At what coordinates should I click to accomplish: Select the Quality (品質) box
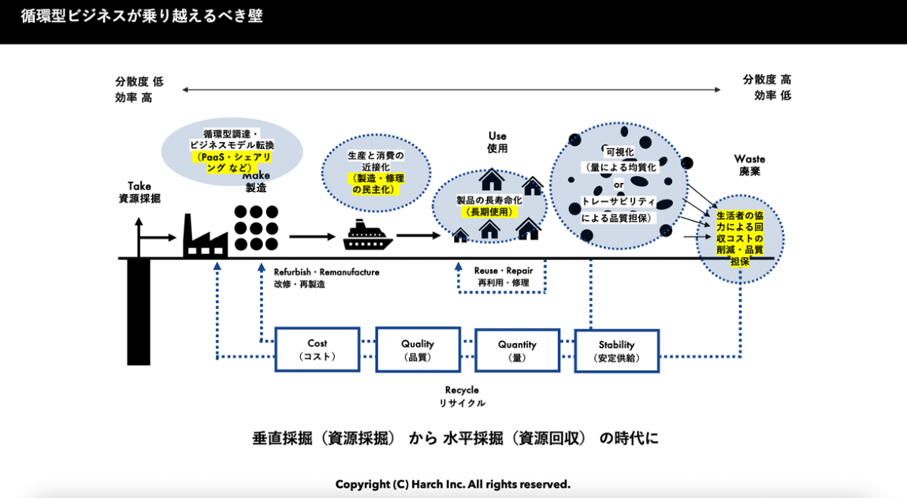[x=417, y=349]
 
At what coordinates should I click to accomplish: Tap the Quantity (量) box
[x=517, y=350]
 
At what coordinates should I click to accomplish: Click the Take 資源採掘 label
[x=140, y=192]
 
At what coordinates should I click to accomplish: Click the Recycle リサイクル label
[x=462, y=396]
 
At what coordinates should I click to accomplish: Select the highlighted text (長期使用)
[x=489, y=212]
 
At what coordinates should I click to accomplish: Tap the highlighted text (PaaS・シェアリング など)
[x=233, y=162]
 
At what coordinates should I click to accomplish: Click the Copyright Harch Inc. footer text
[x=453, y=484]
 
